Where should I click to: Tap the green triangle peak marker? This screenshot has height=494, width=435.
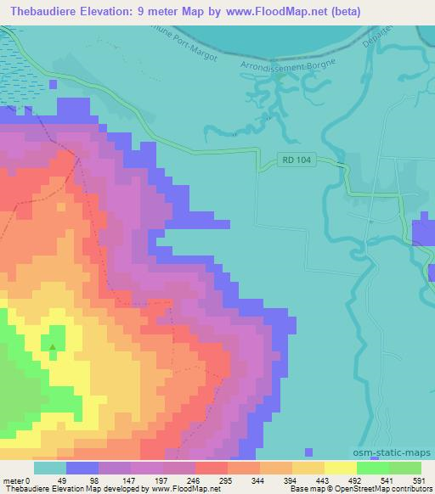coord(53,345)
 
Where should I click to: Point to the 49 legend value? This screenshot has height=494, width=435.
coord(50,480)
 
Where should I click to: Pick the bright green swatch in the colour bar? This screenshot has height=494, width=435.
coord(405,468)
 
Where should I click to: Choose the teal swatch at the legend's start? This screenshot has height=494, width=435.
coord(50,468)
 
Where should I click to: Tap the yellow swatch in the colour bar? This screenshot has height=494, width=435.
coord(341,468)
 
